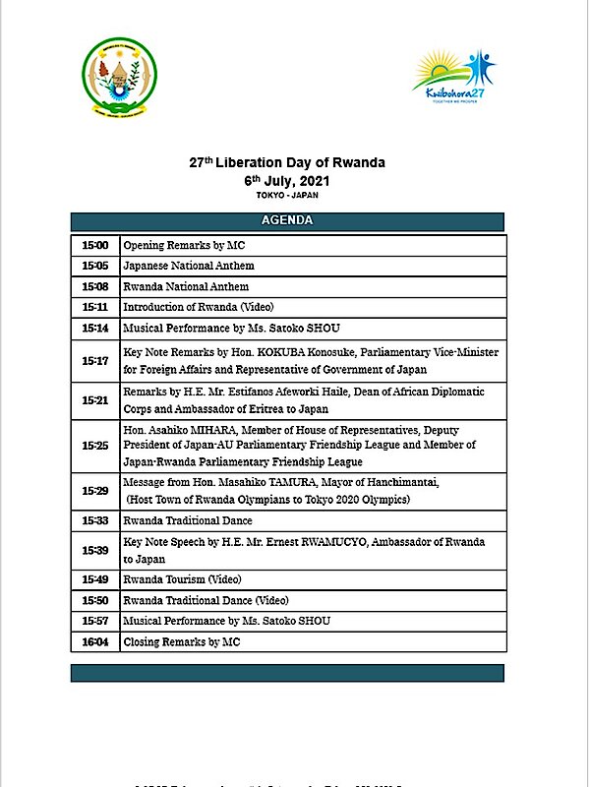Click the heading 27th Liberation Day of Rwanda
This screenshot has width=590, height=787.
(x=287, y=163)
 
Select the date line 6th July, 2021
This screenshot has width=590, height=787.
(x=287, y=181)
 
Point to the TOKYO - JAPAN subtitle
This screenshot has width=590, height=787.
(x=287, y=196)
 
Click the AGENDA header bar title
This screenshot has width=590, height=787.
(x=287, y=220)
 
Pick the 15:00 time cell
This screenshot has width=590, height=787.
(x=94, y=245)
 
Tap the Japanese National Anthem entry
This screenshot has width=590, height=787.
(x=188, y=266)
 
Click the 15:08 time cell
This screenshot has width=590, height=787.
(x=94, y=286)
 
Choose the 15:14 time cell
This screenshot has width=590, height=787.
(x=94, y=328)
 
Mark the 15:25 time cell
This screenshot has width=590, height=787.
(x=94, y=446)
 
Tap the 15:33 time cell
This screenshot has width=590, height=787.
(x=94, y=519)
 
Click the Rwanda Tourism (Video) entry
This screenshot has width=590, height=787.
(x=182, y=579)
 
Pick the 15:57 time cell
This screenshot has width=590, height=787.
(x=94, y=621)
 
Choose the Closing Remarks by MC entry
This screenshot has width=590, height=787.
(x=181, y=641)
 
